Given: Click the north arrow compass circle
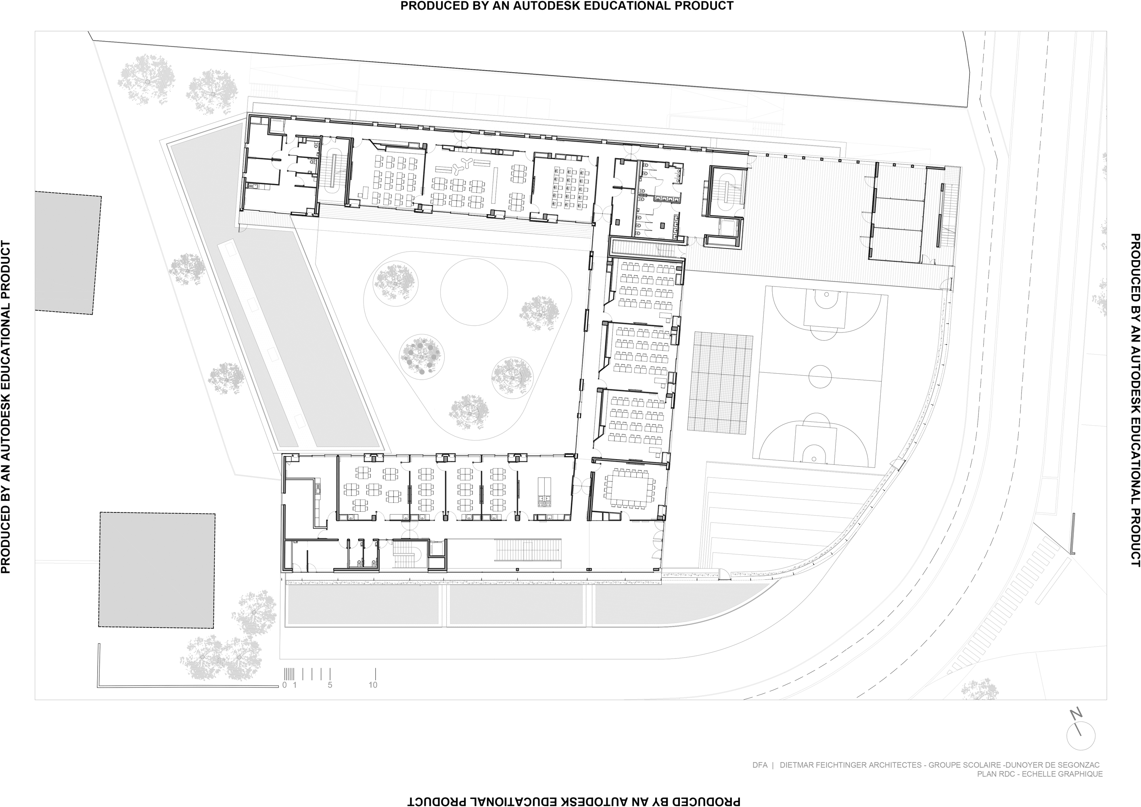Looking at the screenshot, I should tap(1080, 736).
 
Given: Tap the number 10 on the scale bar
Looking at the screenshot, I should tap(373, 685).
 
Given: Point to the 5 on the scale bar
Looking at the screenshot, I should tap(330, 685).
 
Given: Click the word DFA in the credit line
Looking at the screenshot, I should tap(759, 765).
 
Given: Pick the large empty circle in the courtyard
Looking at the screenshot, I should tap(474, 292).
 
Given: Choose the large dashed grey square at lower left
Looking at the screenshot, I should tap(157, 570).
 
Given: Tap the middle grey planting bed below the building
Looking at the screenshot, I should tap(515, 605).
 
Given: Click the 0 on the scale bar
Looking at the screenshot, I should tap(284, 685).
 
